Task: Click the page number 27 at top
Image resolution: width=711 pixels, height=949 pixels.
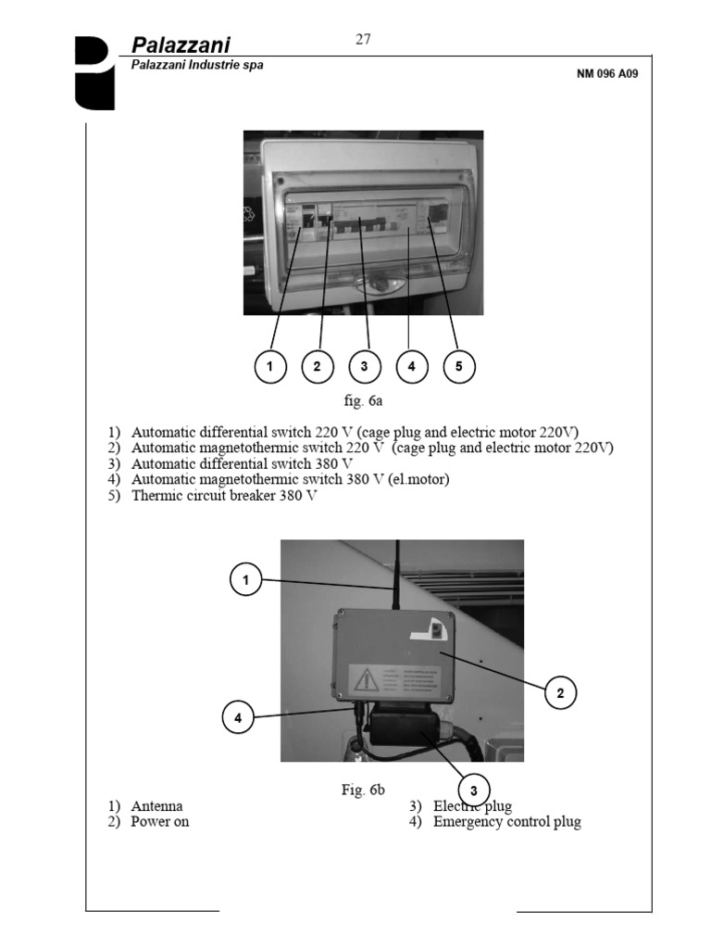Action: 363,39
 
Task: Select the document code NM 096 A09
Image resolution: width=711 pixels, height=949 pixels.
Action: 606,74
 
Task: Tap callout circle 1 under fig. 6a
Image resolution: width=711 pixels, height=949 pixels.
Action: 269,367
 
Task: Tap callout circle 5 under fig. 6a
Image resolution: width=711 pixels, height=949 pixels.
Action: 458,367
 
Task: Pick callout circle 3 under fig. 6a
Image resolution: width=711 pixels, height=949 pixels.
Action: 364,367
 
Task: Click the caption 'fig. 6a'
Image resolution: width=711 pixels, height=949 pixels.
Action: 363,401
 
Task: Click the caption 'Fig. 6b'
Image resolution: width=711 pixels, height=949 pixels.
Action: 362,790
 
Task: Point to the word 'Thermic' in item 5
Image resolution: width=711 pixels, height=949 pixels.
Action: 157,495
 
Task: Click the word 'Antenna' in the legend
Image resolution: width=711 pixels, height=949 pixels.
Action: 156,806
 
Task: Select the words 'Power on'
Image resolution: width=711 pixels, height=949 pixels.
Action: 159,822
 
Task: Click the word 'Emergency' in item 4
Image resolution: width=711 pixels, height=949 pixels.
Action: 468,822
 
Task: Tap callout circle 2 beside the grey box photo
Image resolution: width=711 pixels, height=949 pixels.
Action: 561,691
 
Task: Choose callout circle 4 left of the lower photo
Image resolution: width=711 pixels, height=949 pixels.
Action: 238,717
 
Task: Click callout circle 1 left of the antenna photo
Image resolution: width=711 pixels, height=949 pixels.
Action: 246,581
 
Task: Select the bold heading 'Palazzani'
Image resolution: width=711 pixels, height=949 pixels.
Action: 181,45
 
